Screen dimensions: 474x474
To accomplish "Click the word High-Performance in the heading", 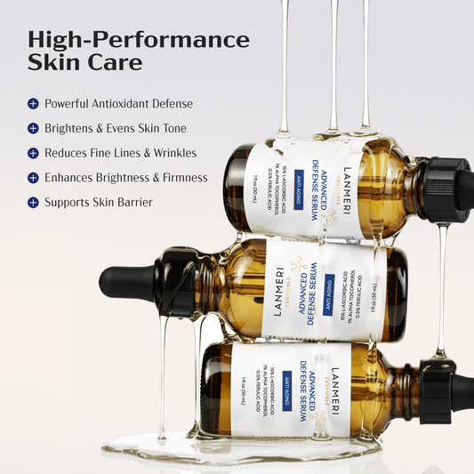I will [139, 40].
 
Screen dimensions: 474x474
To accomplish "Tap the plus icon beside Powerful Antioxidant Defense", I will [33, 104].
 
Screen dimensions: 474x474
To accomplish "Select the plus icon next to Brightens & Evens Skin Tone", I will [33, 129].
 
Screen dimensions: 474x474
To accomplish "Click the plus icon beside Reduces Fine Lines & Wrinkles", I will [33, 153].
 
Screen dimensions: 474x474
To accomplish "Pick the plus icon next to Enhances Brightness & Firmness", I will [33, 178].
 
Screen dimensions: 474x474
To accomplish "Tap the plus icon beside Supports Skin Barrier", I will [33, 203].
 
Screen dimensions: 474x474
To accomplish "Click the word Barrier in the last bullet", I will [133, 203].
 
